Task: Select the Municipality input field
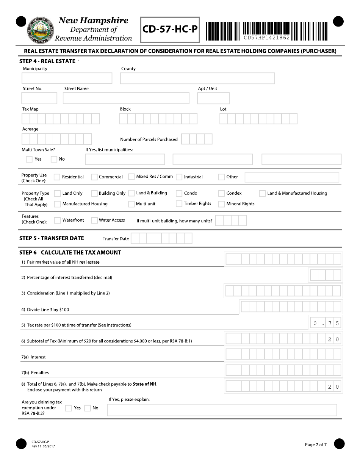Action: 67,78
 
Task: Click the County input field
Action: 197,78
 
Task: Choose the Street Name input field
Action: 126,98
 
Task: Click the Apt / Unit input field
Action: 213,98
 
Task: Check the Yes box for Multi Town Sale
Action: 29,159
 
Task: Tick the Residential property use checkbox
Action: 57,177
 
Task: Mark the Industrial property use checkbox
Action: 179,177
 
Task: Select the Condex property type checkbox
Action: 221,193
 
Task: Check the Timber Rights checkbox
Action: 179,204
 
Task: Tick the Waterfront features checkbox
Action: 57,220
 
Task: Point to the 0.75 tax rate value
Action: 326,324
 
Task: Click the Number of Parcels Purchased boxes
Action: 197,139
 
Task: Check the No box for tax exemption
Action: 88,408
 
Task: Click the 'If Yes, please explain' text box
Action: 222,410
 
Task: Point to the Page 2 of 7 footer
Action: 316,445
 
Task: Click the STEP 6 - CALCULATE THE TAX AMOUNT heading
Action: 70,253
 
